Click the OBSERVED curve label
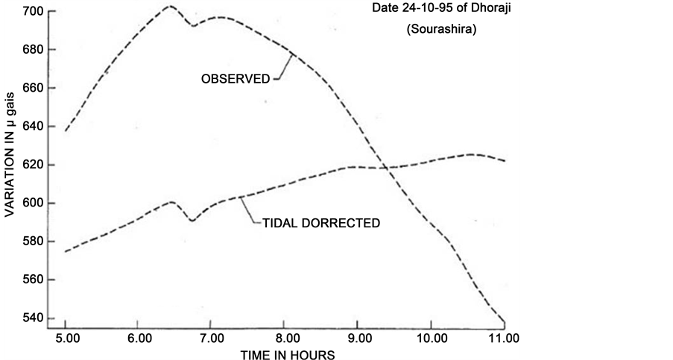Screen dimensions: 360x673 [x=236, y=78]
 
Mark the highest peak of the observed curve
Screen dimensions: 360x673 [x=170, y=6]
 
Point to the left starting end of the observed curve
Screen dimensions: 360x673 [x=66, y=131]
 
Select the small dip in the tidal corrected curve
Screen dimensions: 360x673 [x=192, y=220]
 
